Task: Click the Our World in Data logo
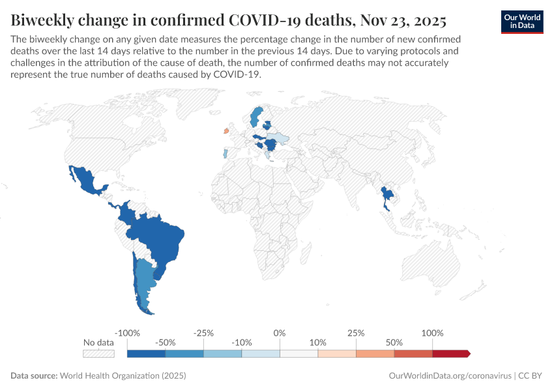click(x=521, y=22)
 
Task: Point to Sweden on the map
click(x=255, y=117)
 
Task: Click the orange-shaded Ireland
click(x=226, y=130)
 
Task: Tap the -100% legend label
click(x=127, y=333)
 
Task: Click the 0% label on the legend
click(x=280, y=333)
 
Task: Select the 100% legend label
click(x=431, y=333)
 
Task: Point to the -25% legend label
click(x=203, y=333)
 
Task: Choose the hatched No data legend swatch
click(x=98, y=353)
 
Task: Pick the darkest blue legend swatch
click(x=146, y=353)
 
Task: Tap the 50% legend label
click(x=394, y=342)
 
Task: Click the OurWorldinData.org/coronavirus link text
click(x=450, y=376)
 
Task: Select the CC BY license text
click(x=531, y=376)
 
